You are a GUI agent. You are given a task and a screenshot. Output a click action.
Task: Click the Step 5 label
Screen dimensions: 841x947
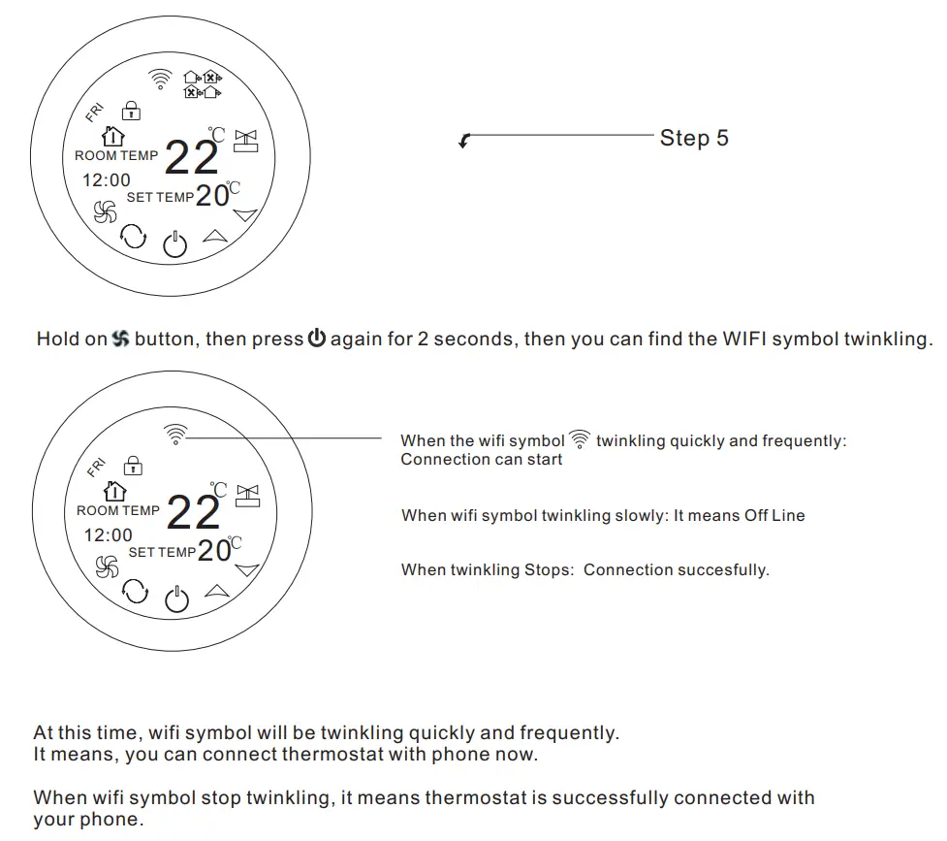[693, 138]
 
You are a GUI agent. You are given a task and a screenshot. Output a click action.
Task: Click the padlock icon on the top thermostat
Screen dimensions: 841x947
[130, 111]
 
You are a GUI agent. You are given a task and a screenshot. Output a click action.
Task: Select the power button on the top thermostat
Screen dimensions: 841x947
[174, 243]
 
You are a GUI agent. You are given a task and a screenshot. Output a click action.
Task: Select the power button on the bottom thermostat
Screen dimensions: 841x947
[176, 599]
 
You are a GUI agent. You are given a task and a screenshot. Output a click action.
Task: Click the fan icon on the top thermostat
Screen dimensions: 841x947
[104, 211]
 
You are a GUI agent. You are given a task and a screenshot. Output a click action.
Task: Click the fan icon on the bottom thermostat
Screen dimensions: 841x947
[106, 567]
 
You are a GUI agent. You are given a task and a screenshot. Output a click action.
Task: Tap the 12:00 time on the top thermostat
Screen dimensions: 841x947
[106, 179]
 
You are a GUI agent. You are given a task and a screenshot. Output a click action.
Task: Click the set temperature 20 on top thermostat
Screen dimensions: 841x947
[212, 195]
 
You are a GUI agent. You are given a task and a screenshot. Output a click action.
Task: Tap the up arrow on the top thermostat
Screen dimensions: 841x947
[213, 235]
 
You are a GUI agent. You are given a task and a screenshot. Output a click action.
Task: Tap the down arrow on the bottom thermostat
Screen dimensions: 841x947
[247, 569]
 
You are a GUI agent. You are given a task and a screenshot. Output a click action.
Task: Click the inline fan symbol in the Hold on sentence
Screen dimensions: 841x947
[120, 340]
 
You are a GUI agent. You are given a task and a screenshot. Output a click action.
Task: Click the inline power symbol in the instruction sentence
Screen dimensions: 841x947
[317, 340]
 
